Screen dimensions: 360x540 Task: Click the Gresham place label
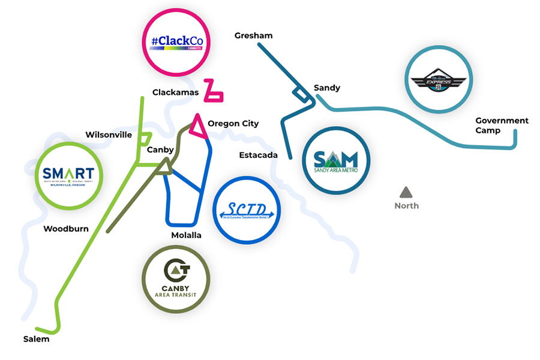pos(253,35)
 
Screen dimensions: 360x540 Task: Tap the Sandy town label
pos(327,88)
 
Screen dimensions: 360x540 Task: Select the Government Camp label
pos(502,125)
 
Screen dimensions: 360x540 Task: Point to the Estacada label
pos(258,155)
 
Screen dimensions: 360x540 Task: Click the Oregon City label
pos(233,124)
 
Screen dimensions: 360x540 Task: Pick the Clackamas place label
pos(175,92)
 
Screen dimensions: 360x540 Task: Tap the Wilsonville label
pos(109,134)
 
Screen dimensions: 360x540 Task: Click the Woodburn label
pos(66,229)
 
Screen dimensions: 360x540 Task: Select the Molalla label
pos(186,235)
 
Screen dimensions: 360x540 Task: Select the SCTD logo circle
pos(247,210)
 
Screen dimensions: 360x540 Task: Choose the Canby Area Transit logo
pos(176,278)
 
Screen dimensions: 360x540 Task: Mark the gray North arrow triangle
pos(406,192)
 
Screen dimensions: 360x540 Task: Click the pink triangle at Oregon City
pos(197,125)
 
